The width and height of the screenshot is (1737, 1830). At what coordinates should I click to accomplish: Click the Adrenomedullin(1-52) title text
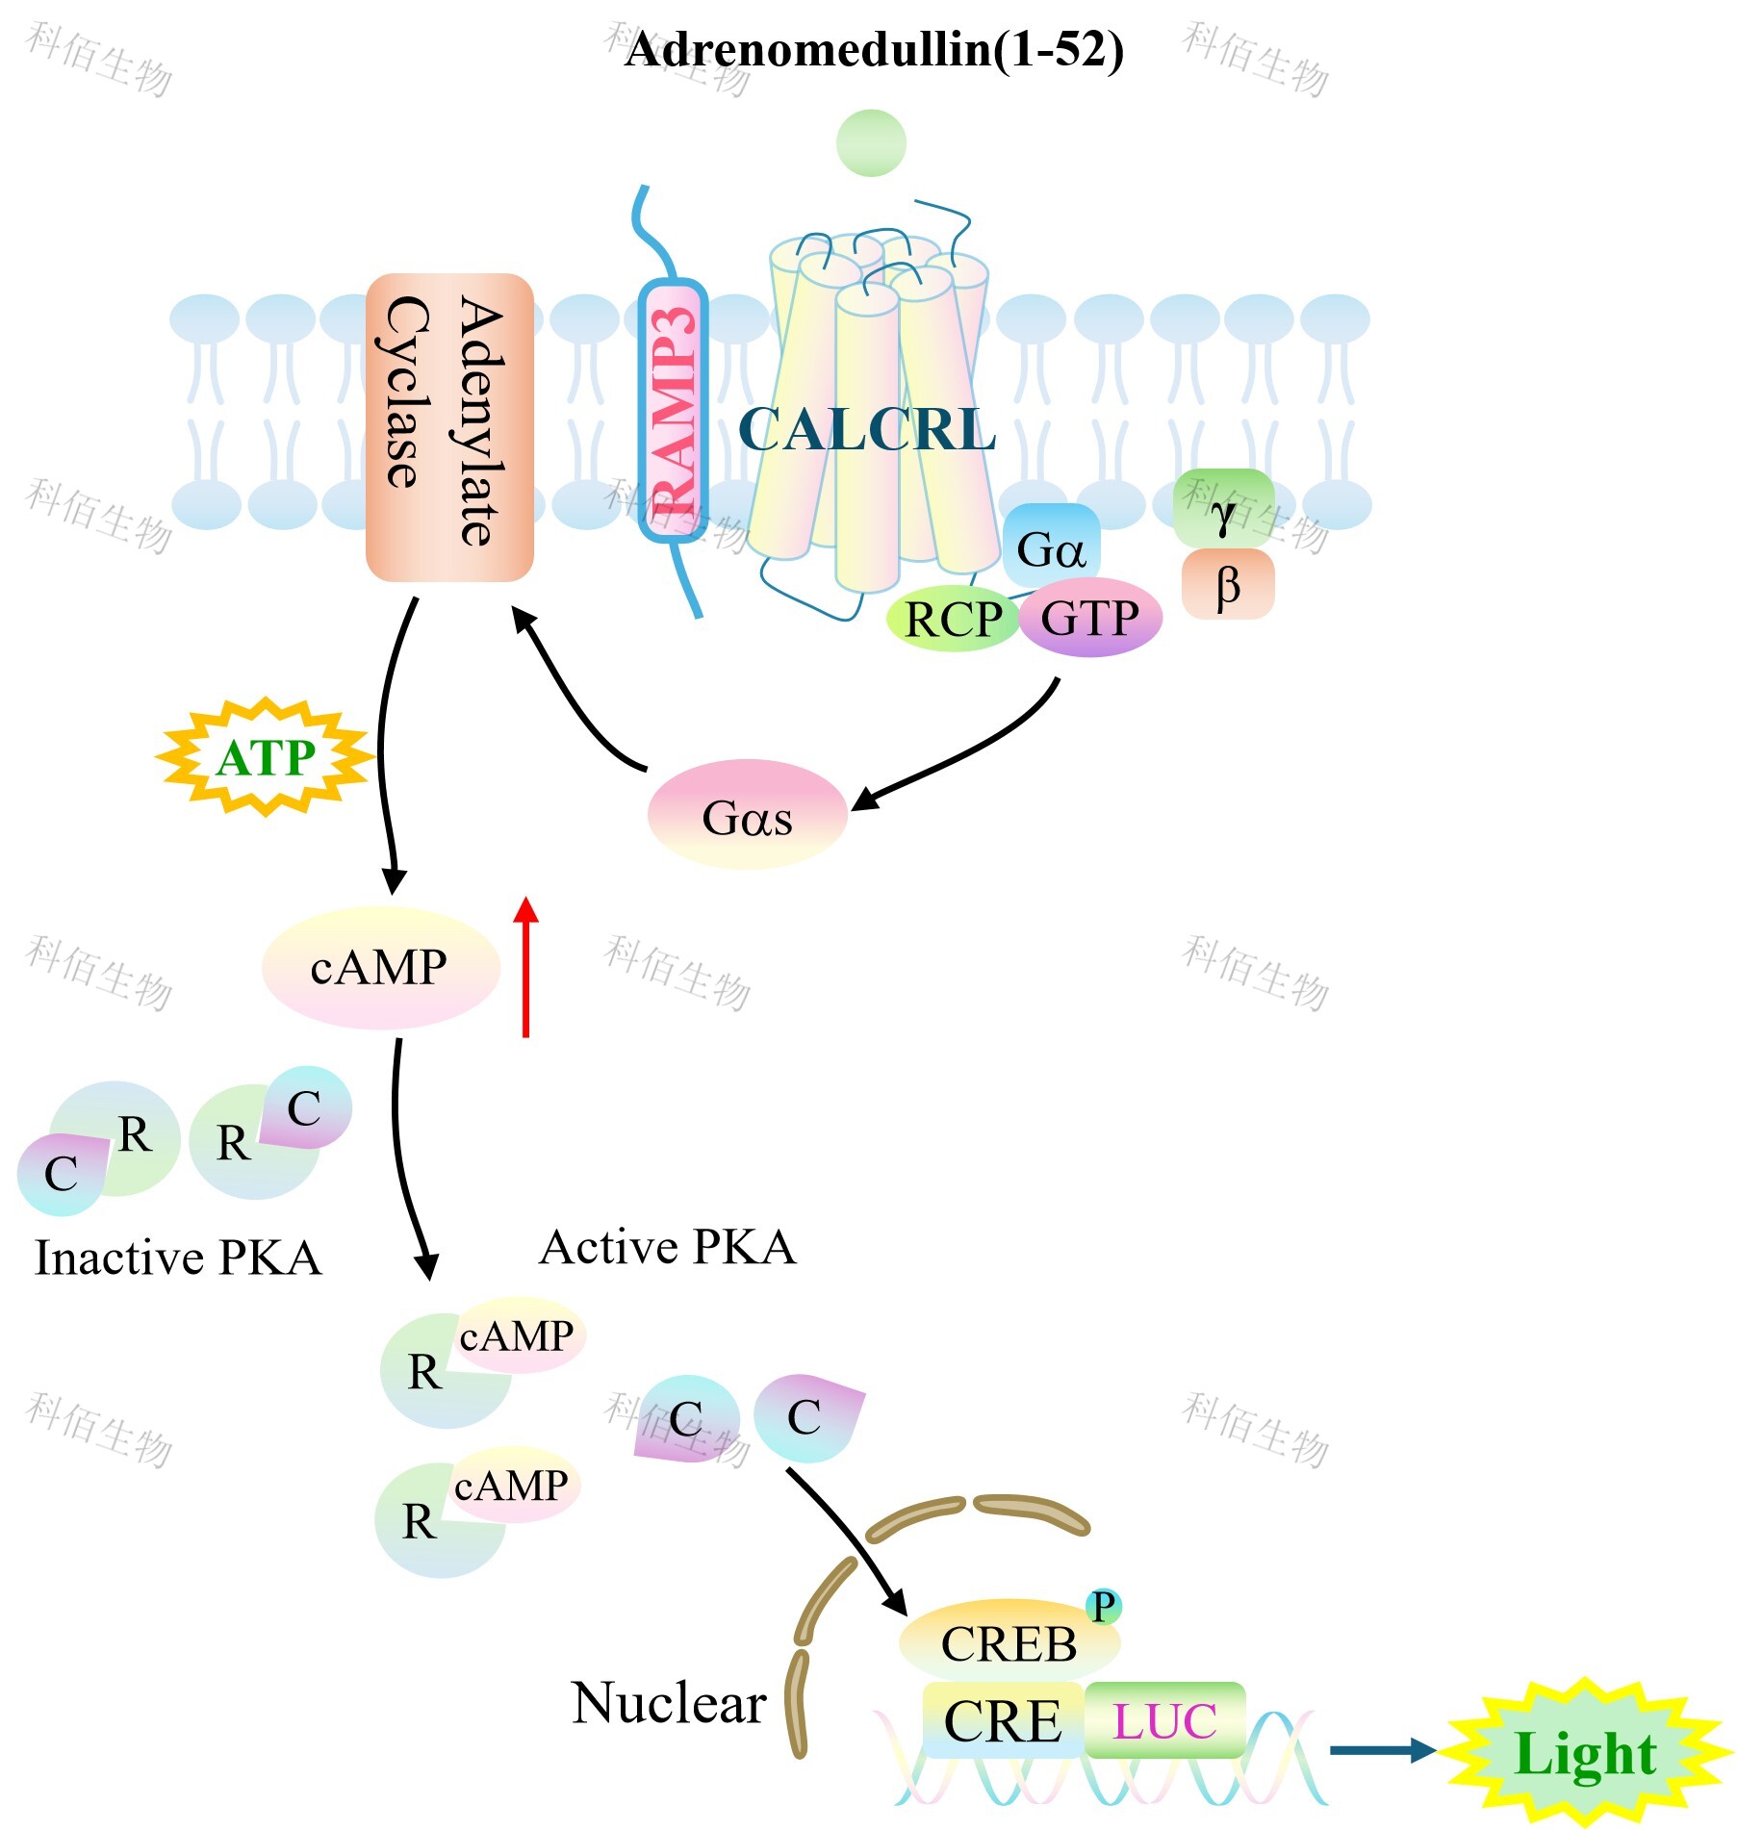(x=874, y=49)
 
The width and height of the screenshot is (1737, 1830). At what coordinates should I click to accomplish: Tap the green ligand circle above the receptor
(x=871, y=143)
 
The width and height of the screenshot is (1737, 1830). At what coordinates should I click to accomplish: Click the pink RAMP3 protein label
(x=674, y=411)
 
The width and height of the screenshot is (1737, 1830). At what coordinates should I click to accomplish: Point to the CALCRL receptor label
(x=866, y=429)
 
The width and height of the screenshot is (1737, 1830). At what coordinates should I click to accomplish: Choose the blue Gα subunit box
(x=1050, y=547)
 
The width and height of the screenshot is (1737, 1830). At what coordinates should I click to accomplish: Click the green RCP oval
(x=953, y=619)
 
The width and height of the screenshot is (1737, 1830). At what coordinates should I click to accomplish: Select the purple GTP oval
(x=1089, y=618)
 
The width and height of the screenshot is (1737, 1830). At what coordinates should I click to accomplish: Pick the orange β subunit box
(x=1228, y=584)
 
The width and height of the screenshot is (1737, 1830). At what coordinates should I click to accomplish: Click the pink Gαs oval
(x=747, y=815)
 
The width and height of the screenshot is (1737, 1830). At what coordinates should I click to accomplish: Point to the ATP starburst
(x=266, y=757)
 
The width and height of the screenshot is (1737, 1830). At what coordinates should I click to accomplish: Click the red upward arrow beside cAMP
(x=525, y=967)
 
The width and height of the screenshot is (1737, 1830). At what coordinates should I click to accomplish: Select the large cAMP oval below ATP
(x=380, y=967)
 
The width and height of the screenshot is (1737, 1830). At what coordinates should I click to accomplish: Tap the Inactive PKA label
(x=178, y=1258)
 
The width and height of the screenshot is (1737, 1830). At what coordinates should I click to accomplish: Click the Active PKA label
(x=668, y=1247)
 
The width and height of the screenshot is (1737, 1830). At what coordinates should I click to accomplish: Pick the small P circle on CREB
(x=1103, y=1606)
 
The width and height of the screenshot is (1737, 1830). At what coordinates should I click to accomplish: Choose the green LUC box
(x=1164, y=1721)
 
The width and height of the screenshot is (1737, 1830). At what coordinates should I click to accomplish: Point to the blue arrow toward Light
(x=1382, y=1750)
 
